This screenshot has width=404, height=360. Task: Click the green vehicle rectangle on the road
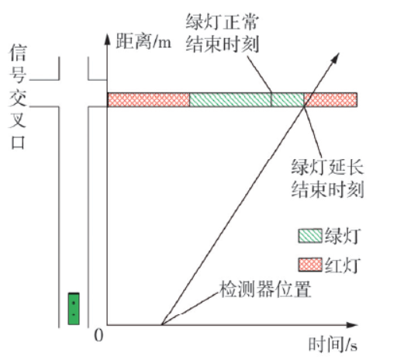[74, 309]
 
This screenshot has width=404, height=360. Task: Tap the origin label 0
[98, 336]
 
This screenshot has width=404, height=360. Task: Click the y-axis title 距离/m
[143, 41]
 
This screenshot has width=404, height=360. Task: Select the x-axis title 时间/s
[333, 344]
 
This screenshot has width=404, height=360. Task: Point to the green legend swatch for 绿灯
[310, 236]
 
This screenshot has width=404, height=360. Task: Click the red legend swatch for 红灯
[310, 265]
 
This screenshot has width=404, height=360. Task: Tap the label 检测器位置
[265, 289]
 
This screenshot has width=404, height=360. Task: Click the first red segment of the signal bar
[149, 99]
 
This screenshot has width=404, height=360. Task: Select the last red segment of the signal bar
[330, 99]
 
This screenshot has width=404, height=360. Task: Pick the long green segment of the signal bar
[230, 99]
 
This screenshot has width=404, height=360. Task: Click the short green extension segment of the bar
[288, 99]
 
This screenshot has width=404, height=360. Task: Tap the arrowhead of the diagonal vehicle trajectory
[336, 57]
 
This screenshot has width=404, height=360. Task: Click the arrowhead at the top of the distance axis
[107, 40]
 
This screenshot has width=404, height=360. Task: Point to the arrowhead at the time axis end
[352, 325]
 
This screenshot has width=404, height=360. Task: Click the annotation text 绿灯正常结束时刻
[223, 33]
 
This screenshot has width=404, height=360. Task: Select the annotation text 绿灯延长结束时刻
[328, 178]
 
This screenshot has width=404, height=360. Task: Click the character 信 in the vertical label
[18, 53]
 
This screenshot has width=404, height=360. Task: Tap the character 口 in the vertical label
[18, 143]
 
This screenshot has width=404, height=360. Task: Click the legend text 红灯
[342, 265]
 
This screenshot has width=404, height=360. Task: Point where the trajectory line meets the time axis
[161, 324]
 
